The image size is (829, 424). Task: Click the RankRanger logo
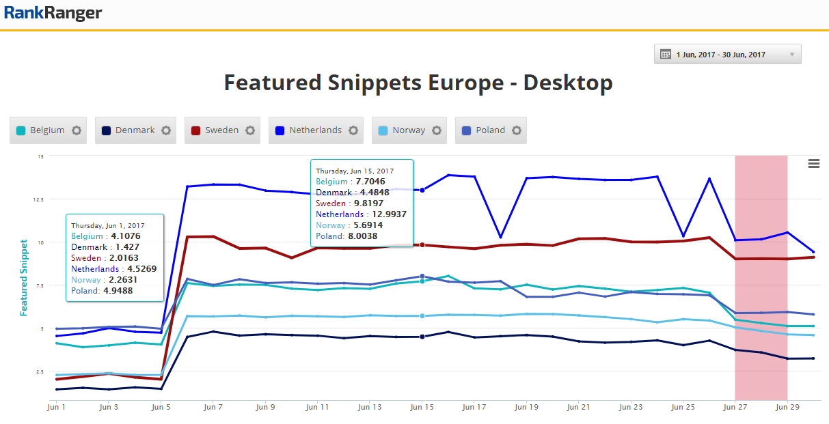click(53, 13)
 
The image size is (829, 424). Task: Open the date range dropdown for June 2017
click(727, 55)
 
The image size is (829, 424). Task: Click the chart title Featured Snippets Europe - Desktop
click(418, 83)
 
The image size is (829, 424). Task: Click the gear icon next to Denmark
click(166, 130)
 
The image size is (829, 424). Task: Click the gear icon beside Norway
click(436, 130)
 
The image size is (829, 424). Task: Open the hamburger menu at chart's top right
click(813, 163)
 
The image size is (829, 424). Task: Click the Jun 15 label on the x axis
click(422, 407)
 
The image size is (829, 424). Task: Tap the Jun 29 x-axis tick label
click(787, 407)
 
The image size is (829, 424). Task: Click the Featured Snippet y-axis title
click(24, 277)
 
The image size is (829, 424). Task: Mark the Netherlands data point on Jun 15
click(422, 190)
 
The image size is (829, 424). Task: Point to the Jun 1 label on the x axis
click(57, 407)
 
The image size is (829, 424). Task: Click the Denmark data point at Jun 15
click(422, 337)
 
